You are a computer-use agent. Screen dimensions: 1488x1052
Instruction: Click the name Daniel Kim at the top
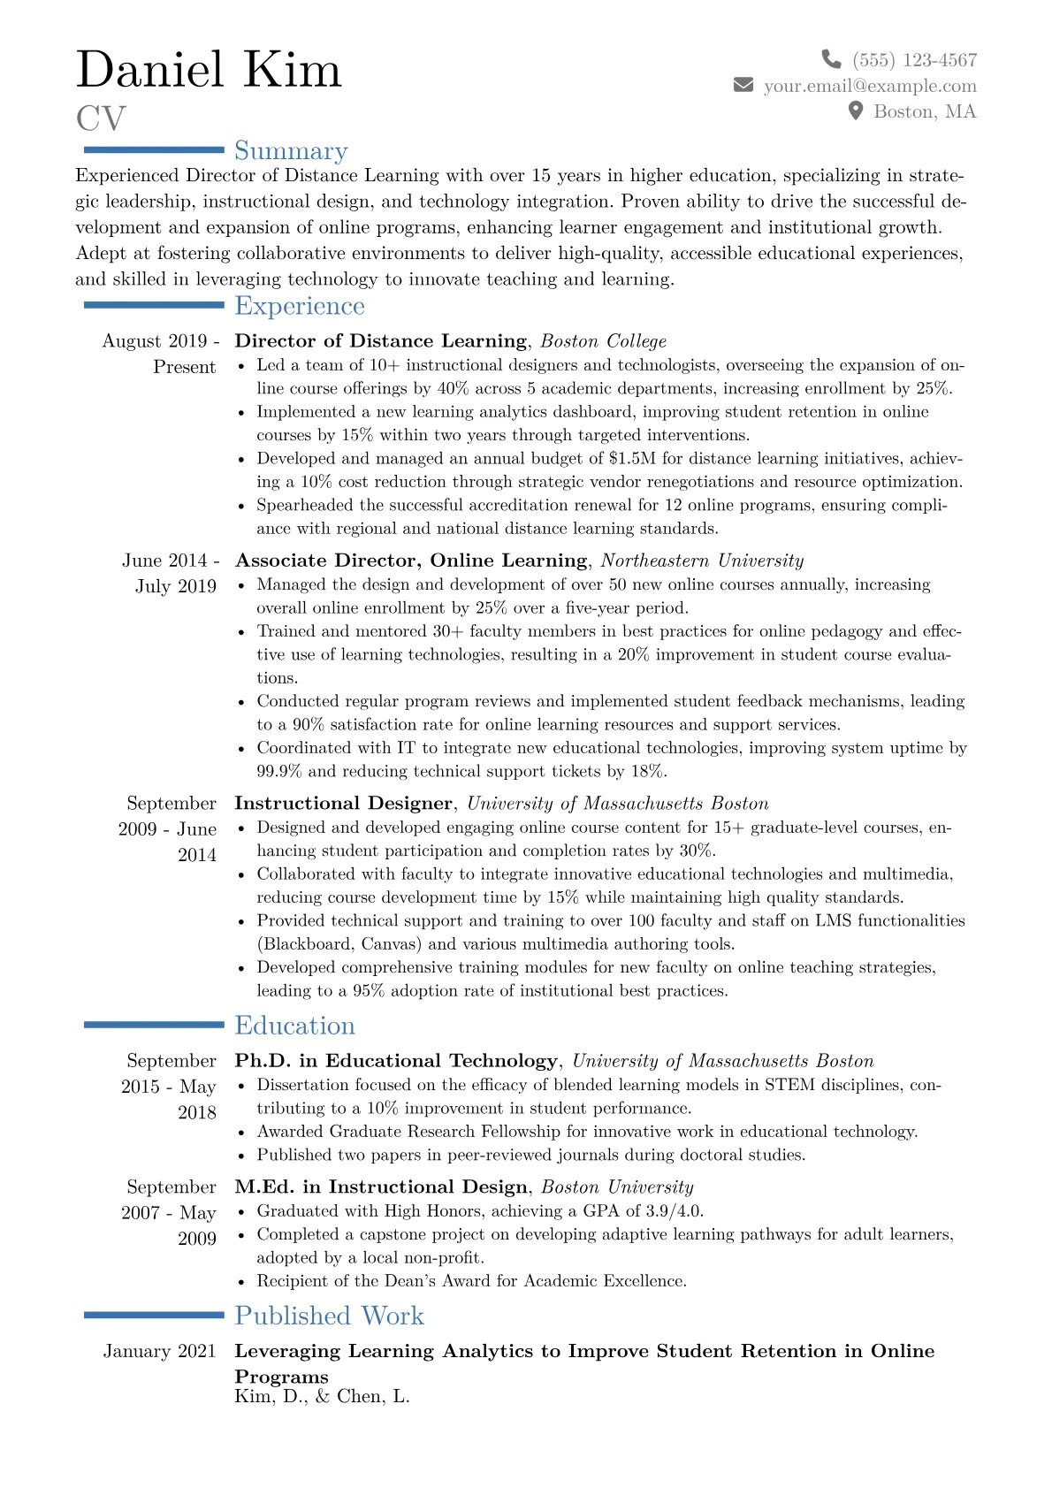click(209, 71)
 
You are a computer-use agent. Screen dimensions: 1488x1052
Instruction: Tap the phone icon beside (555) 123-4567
click(831, 59)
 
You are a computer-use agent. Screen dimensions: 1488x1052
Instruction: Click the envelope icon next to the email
click(743, 85)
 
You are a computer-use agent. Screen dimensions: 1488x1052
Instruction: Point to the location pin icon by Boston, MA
click(855, 111)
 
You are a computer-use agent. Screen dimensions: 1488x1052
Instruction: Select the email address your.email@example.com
click(870, 86)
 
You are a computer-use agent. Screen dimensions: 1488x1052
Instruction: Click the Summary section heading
click(291, 151)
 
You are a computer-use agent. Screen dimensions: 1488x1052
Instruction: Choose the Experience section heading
click(300, 306)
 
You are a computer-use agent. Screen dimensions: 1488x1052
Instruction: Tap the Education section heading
click(294, 1026)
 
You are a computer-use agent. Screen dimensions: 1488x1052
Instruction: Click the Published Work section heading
click(329, 1316)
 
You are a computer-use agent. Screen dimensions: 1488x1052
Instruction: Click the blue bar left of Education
click(154, 1025)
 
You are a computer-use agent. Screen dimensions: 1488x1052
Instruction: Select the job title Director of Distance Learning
click(380, 341)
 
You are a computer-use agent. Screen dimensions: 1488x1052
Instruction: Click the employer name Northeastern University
click(702, 561)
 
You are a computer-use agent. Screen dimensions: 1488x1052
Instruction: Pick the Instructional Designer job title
click(343, 804)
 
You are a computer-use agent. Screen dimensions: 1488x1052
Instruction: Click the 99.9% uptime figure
click(279, 771)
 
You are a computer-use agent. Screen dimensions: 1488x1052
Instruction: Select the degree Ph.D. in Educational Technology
click(396, 1061)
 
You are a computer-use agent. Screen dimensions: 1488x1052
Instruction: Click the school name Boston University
click(617, 1187)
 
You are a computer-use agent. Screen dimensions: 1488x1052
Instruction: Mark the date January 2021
click(159, 1351)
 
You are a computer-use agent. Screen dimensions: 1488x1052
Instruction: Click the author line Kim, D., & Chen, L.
click(322, 1397)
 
